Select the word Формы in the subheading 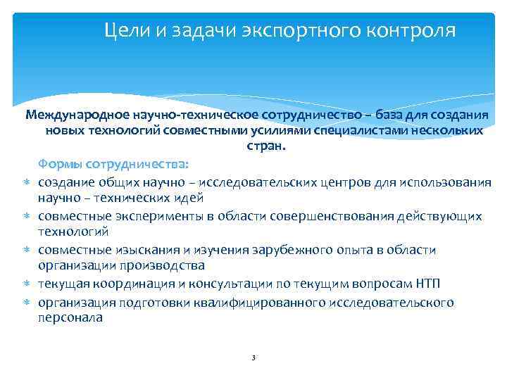[x=60, y=164]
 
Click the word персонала [x=70, y=317]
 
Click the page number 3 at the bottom [x=253, y=358]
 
